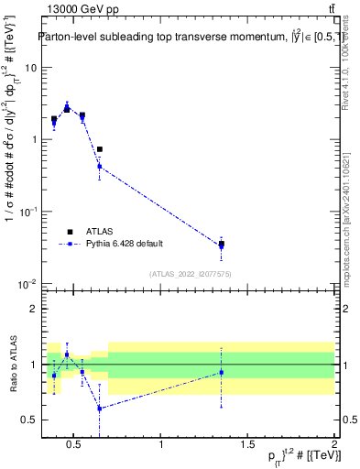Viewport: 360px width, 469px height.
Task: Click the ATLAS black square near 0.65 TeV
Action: click(x=100, y=149)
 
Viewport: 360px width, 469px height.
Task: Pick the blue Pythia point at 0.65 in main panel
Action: click(x=100, y=166)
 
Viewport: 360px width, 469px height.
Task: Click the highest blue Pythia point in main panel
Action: click(x=67, y=108)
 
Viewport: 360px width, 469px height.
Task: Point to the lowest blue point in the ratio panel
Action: click(x=100, y=409)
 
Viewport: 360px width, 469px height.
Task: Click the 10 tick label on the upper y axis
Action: click(x=31, y=68)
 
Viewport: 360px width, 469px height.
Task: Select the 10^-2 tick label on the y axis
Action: click(x=27, y=284)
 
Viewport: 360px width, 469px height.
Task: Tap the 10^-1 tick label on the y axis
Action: click(x=27, y=212)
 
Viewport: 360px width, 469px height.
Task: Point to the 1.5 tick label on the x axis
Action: click(x=248, y=445)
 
